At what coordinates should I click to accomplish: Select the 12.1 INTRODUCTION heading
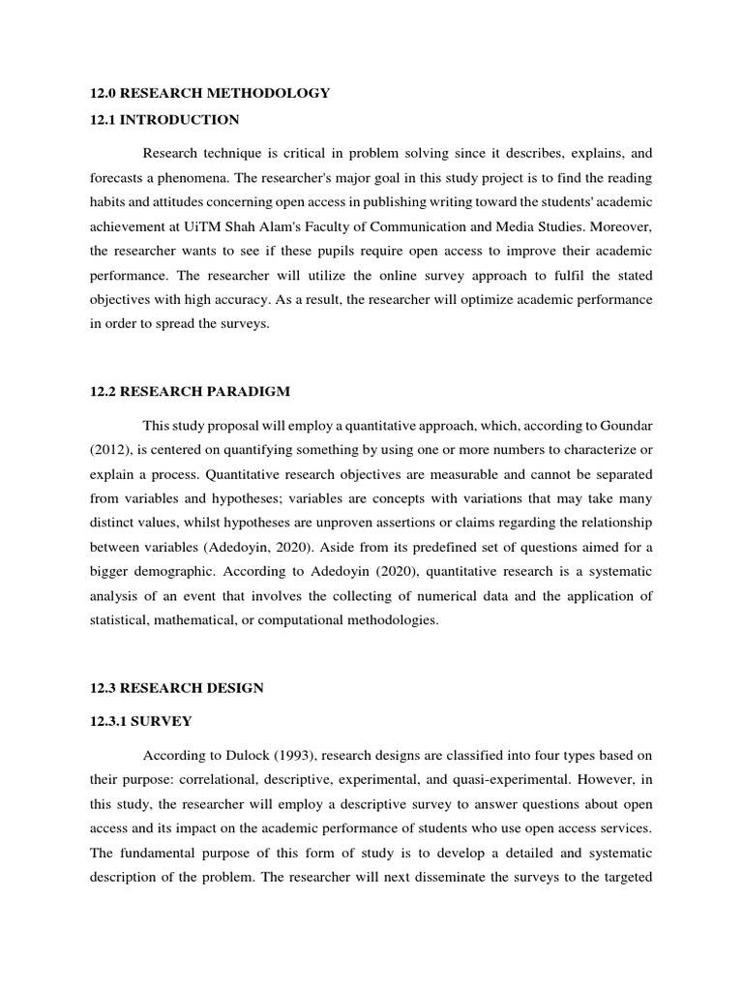[x=163, y=120]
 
